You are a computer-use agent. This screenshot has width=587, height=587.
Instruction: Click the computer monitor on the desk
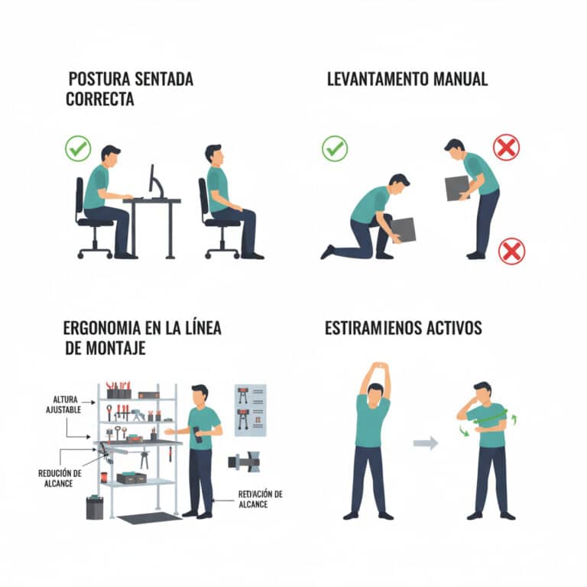[x=152, y=182]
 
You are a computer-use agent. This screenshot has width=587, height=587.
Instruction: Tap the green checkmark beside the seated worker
[x=77, y=148]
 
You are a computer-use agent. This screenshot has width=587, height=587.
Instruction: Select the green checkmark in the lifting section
[x=334, y=148]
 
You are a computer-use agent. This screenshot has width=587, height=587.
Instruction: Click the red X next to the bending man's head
[x=506, y=147]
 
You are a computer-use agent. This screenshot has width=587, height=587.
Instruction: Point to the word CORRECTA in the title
[x=99, y=99]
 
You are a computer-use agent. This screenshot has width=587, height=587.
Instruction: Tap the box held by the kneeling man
[x=403, y=229]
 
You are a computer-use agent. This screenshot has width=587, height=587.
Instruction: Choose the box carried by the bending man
[x=457, y=187]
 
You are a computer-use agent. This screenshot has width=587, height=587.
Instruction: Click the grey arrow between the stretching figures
[x=426, y=443]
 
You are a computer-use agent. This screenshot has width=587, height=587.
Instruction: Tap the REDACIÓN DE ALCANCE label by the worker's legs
[x=260, y=499]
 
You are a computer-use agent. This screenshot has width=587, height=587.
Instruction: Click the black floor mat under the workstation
[x=149, y=517]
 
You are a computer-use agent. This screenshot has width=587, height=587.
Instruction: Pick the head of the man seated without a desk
[x=213, y=153]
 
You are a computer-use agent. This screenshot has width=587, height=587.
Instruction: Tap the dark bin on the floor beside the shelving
[x=94, y=507]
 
